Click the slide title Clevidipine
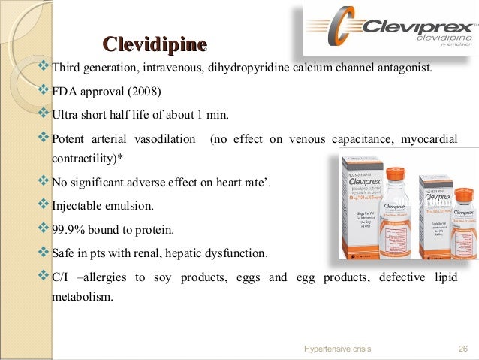click(x=154, y=44)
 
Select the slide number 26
click(x=462, y=349)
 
